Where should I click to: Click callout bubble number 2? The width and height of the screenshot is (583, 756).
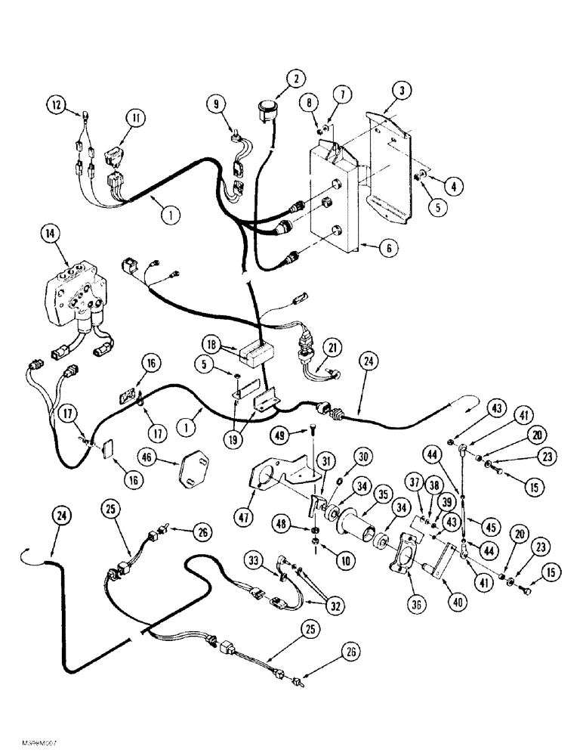[296, 78]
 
